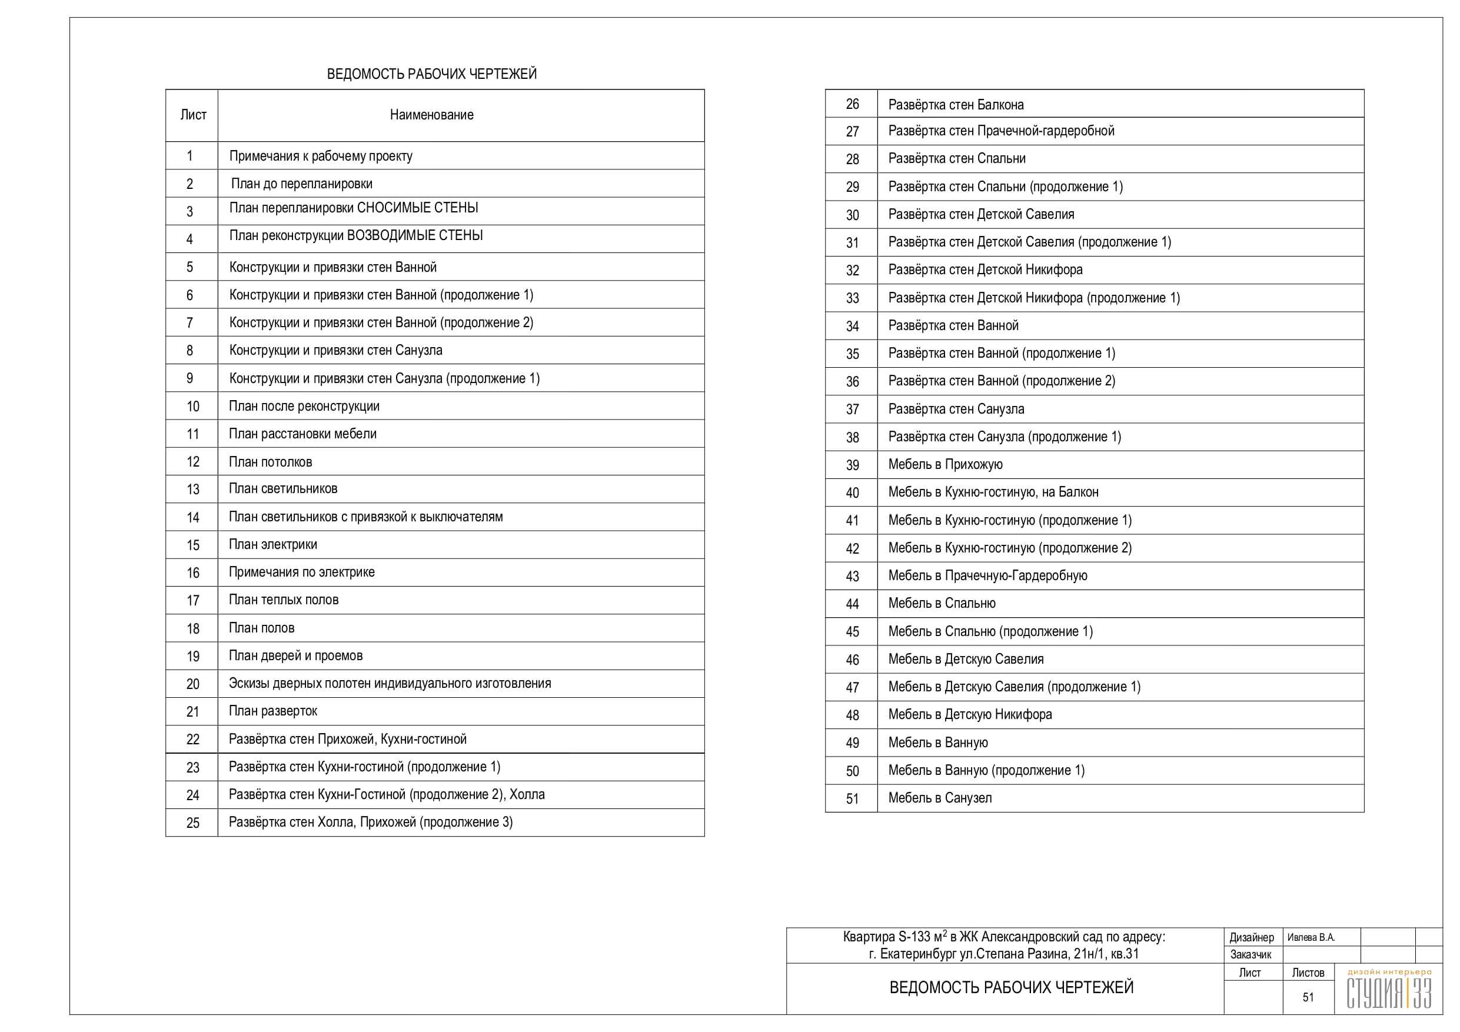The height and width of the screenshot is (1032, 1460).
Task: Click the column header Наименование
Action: coord(431,115)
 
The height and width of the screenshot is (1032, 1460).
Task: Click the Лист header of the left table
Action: coord(193,115)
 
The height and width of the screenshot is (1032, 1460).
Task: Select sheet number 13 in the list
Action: coord(192,490)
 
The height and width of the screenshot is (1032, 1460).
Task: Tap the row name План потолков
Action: coord(270,462)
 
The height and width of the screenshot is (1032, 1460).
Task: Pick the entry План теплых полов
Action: coord(284,600)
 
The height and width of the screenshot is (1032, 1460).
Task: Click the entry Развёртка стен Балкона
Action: coord(956,104)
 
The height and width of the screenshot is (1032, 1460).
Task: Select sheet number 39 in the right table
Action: coord(852,465)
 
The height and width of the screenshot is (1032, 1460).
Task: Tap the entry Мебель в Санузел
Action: coord(940,798)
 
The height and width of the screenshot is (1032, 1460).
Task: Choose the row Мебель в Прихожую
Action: coord(945,465)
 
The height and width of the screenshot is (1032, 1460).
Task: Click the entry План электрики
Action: coord(273,544)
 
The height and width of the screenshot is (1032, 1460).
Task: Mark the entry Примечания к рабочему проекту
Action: coord(321,157)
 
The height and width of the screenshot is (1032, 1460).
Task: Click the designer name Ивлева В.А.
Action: coord(1311,937)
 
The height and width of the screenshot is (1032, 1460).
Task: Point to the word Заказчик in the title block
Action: coord(1251,954)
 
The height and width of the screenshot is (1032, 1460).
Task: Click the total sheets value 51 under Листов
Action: coord(1308,998)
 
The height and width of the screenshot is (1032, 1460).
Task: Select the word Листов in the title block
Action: coord(1308,973)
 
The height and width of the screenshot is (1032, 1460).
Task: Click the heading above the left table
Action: coord(431,74)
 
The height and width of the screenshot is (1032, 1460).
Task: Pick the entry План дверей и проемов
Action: coord(295,655)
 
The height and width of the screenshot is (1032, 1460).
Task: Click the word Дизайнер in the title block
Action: coord(1252,937)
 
